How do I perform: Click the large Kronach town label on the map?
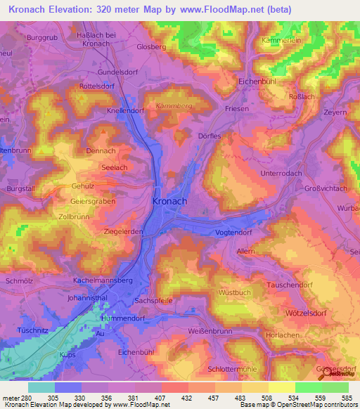tap(169, 201)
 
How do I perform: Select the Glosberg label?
tap(152, 46)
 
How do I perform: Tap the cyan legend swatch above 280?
tap(41, 387)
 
